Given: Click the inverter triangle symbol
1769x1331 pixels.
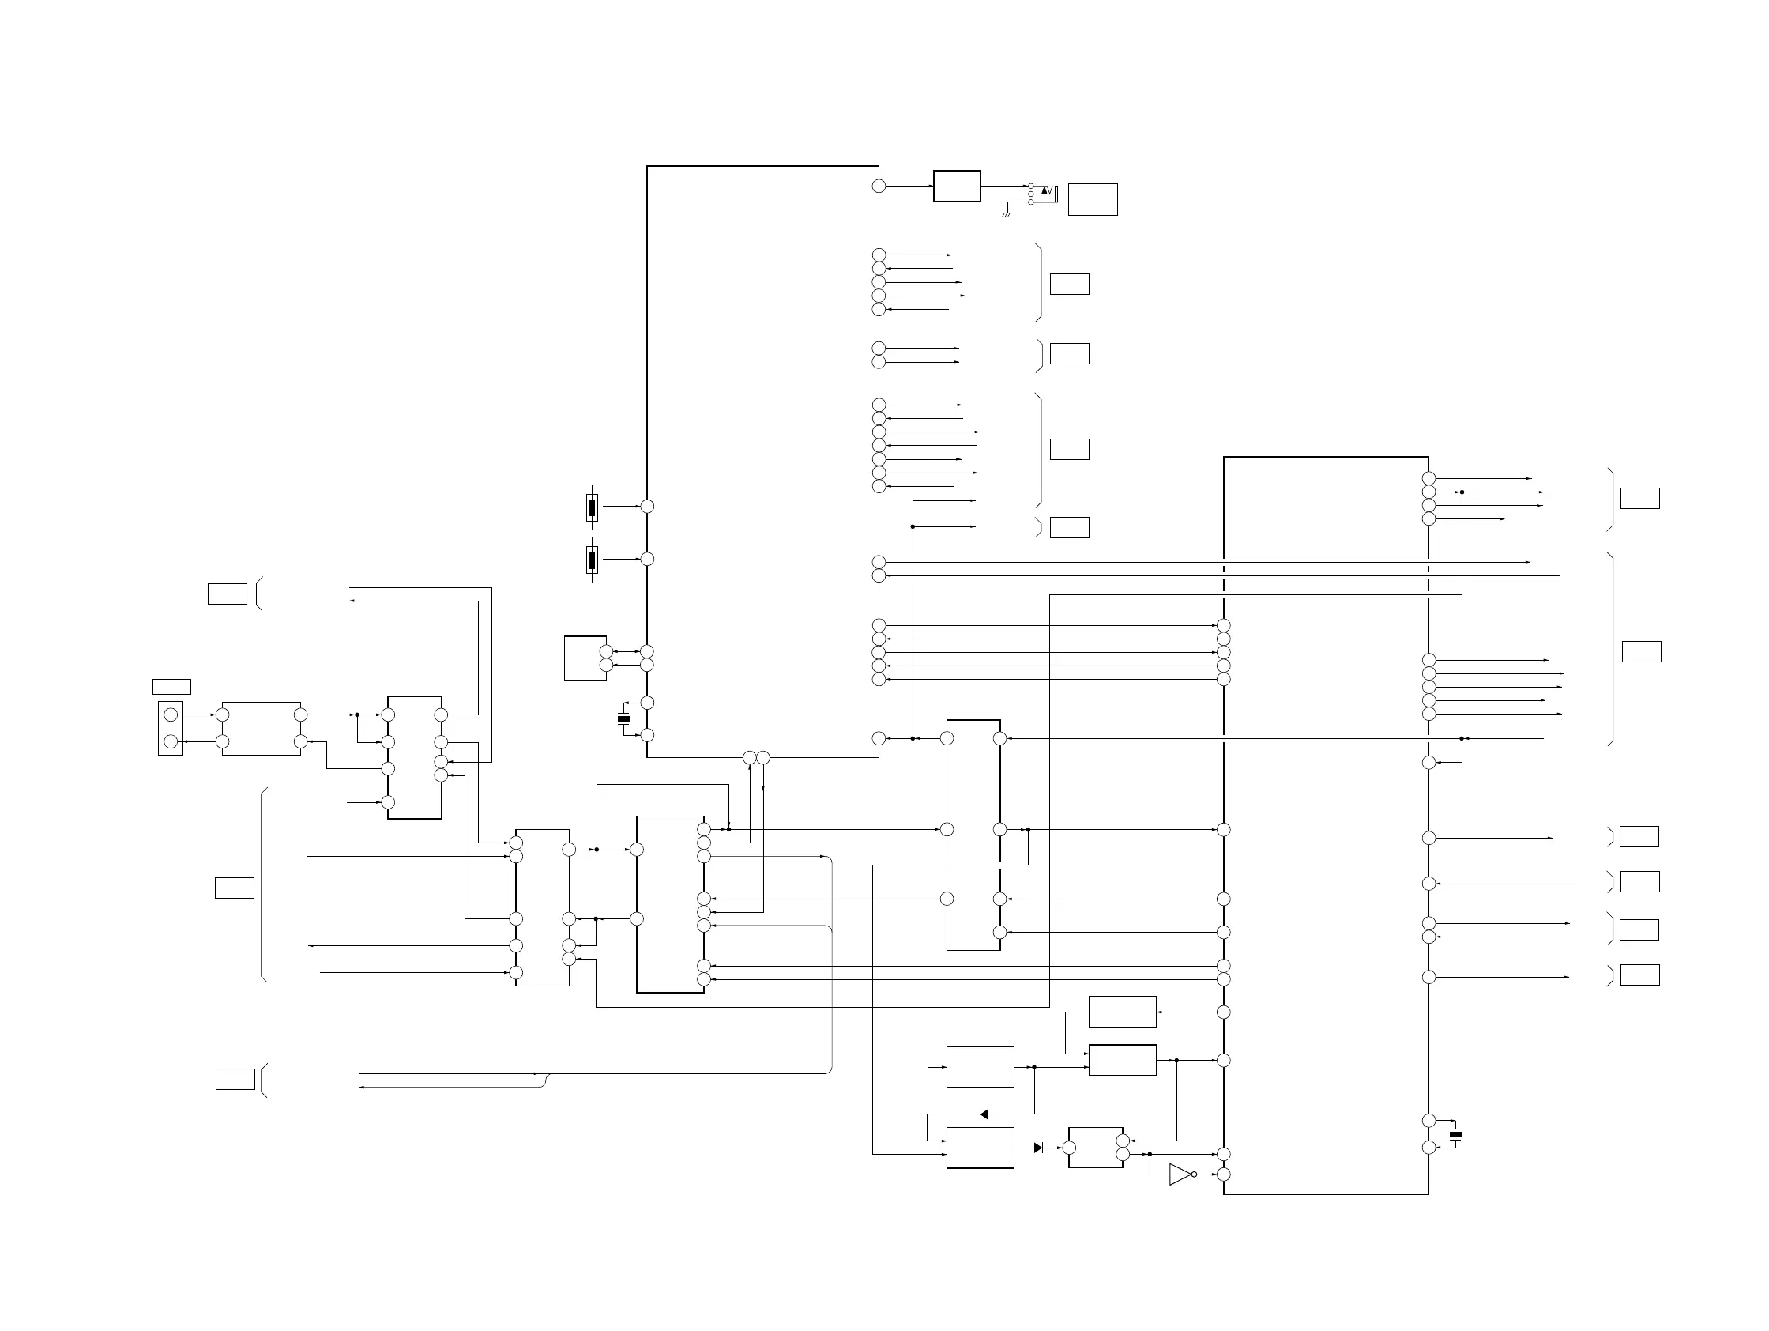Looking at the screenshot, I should click(x=1180, y=1175).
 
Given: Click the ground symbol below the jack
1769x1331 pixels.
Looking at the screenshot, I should click(x=1007, y=214).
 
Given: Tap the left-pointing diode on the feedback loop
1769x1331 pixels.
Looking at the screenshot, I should click(x=984, y=1114).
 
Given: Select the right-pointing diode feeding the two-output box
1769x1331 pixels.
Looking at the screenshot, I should click(x=1038, y=1148).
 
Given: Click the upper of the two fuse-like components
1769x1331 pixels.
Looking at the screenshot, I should click(x=592, y=507).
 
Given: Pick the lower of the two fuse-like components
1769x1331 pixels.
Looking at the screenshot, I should click(x=592, y=560).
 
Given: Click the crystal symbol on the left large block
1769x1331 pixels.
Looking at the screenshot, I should click(x=624, y=720).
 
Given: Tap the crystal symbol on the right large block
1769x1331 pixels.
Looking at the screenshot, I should click(x=1455, y=1134).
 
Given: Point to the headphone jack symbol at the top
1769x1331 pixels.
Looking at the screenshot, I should click(x=1044, y=193).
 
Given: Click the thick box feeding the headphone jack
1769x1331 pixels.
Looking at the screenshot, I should click(x=957, y=186).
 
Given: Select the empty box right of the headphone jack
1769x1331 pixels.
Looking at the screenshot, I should click(x=1093, y=199).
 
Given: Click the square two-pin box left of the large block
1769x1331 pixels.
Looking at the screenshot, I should click(x=585, y=658).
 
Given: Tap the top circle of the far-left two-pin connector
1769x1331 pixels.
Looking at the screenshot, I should click(x=171, y=715).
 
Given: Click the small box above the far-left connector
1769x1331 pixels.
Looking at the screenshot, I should click(x=171, y=686).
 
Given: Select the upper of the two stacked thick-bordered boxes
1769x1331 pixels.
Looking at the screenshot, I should click(x=1122, y=1012).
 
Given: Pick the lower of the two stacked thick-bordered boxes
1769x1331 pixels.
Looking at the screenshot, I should click(x=1122, y=1060).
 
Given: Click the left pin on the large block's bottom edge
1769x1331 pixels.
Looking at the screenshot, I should click(x=749, y=757).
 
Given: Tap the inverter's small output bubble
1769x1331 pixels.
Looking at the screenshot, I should click(x=1194, y=1175).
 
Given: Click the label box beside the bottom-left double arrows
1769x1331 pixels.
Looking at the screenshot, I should click(x=235, y=1079).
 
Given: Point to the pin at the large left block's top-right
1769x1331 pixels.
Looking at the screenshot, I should click(x=879, y=186).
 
